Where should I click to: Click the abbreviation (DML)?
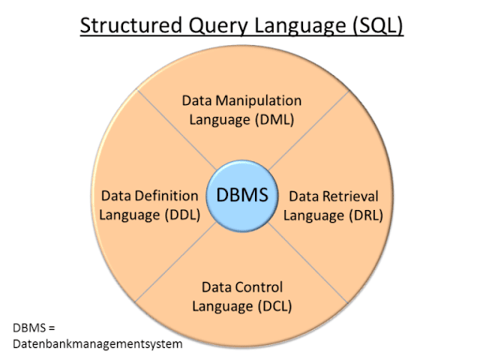click(x=273, y=118)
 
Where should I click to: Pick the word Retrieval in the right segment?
click(x=351, y=196)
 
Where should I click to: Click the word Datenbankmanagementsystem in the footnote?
click(x=98, y=343)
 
